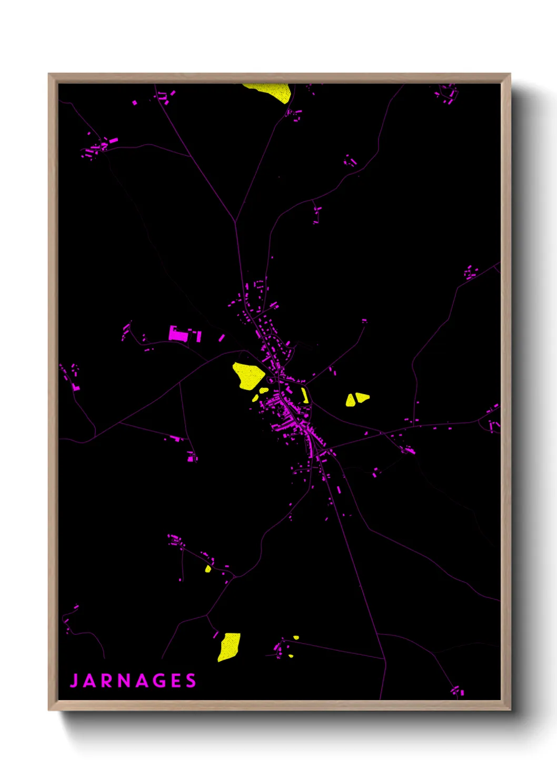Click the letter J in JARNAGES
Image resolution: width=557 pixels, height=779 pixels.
[x=74, y=681]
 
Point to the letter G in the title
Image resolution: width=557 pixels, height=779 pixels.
[x=161, y=681]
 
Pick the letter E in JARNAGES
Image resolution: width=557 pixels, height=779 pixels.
[x=177, y=681]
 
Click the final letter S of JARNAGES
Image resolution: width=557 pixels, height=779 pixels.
[x=191, y=681]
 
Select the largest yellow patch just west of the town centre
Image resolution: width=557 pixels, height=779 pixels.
[x=248, y=375]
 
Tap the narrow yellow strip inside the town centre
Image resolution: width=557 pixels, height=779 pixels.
[x=305, y=395]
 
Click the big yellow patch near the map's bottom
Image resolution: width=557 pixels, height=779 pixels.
[x=230, y=647]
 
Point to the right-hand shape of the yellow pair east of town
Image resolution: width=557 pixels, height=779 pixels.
[x=362, y=397]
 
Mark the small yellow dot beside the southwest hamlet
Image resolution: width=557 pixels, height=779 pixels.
[x=208, y=569]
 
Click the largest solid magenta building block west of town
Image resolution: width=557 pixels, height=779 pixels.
[x=177, y=334]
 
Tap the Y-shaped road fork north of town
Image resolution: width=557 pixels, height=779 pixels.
[x=235, y=222]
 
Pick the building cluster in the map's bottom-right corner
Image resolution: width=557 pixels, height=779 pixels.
[x=457, y=690]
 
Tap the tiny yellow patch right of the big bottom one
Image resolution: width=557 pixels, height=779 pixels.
[x=296, y=637]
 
